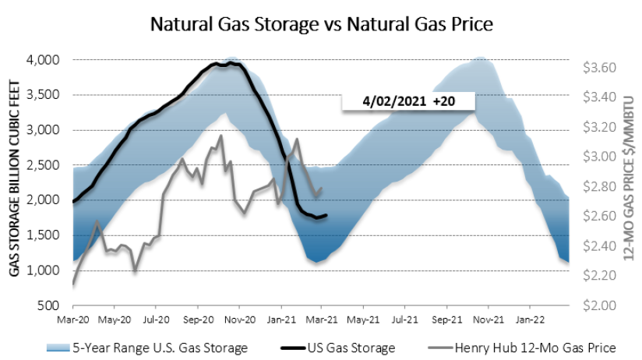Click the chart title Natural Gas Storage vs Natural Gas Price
[x=321, y=23]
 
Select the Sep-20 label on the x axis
[x=199, y=319]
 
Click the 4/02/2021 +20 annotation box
[x=407, y=101]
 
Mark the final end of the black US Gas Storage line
[x=327, y=215]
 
